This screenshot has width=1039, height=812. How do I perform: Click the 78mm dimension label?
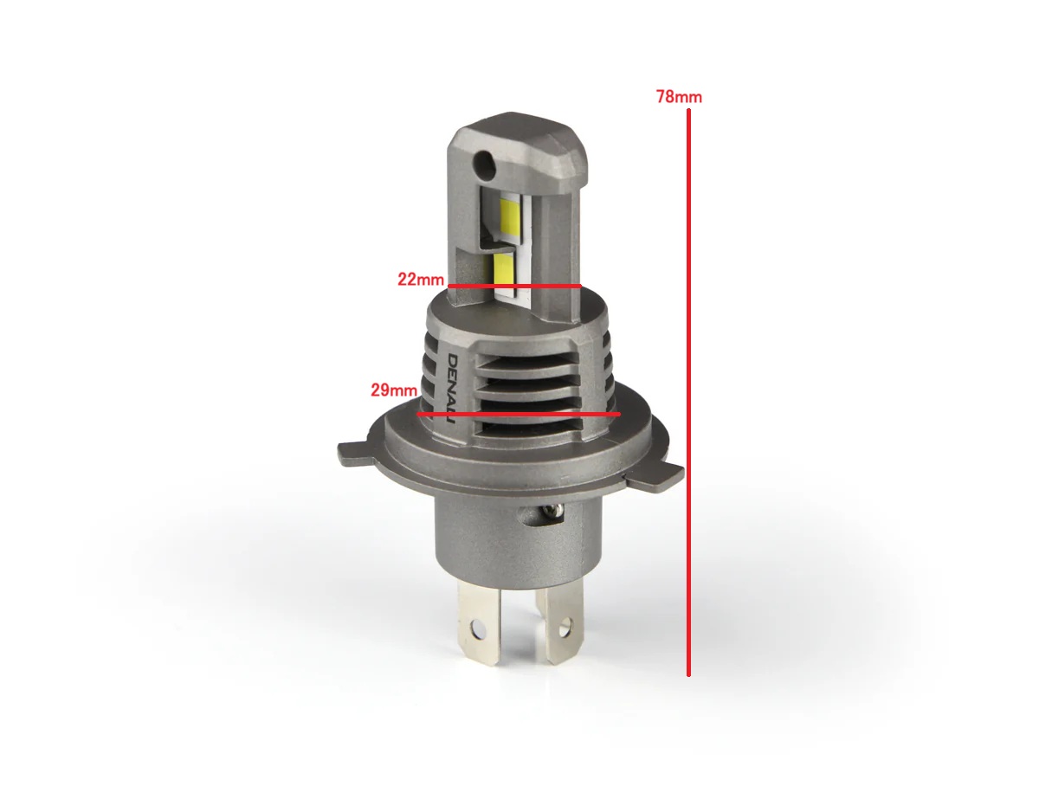pos(679,97)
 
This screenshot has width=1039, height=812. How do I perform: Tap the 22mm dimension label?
pos(420,279)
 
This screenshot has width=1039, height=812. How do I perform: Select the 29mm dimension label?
pos(394,390)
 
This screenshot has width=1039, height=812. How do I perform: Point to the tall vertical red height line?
pos(688,392)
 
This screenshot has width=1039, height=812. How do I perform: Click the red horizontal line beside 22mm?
pos(514,286)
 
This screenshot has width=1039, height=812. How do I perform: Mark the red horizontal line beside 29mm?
pos(519,414)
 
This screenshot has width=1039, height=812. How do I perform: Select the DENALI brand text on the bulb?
pos(451,389)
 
